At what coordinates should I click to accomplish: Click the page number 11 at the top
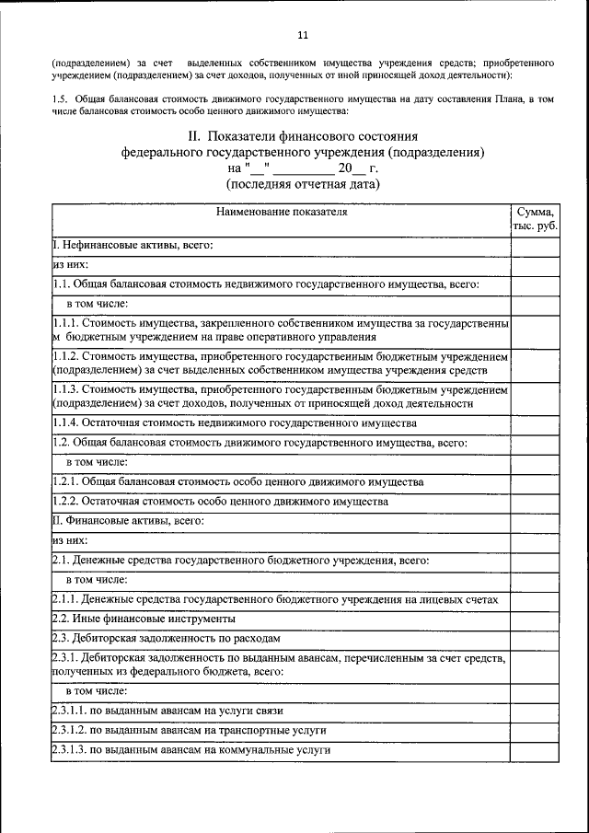click(x=303, y=36)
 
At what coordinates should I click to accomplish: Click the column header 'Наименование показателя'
click(x=282, y=212)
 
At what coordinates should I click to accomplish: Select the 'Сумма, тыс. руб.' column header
click(x=534, y=219)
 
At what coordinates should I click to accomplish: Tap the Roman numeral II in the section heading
click(x=194, y=136)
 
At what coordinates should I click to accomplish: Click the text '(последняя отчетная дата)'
click(x=303, y=184)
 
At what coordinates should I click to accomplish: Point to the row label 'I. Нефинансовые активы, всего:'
click(x=133, y=245)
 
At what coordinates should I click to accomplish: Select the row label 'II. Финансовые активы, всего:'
click(x=128, y=520)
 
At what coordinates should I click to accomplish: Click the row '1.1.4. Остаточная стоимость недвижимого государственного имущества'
click(x=235, y=422)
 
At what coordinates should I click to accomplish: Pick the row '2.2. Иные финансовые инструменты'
click(x=144, y=618)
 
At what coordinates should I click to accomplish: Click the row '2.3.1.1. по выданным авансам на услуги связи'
click(x=167, y=711)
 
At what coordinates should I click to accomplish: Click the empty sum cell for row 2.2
click(x=534, y=618)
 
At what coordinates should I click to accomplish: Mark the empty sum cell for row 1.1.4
click(x=534, y=422)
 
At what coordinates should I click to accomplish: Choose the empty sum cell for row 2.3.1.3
click(x=534, y=750)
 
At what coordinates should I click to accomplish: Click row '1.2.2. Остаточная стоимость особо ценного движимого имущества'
click(x=220, y=501)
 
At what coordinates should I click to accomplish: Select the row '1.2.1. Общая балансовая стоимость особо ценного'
click(x=237, y=481)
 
